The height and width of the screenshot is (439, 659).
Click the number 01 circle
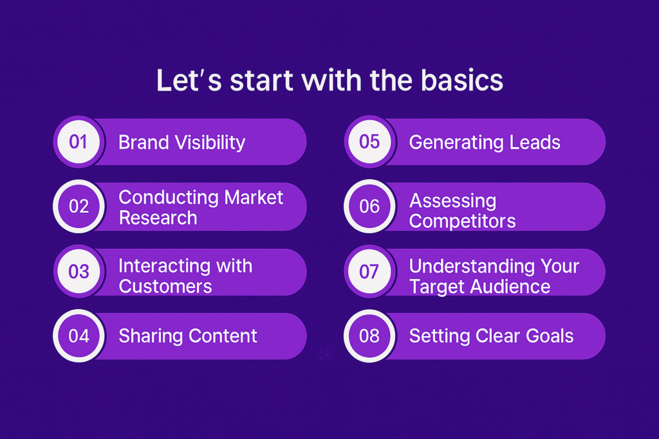point(79,142)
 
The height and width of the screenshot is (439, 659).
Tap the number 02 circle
point(79,206)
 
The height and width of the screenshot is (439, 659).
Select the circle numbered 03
point(79,271)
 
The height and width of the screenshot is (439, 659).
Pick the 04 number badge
point(79,336)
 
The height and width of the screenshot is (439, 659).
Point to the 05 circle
point(369,142)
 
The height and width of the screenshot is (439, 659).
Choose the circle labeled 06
point(369,206)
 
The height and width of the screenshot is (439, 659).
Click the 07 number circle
point(369,271)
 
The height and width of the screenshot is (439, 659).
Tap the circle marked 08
point(369,336)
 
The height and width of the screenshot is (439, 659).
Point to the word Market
point(254,197)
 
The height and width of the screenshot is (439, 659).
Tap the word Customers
point(165,287)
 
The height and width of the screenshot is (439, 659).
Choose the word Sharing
point(151,336)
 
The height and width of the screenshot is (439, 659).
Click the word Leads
point(535,143)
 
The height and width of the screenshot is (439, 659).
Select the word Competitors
point(462,221)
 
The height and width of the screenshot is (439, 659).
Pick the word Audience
point(510,287)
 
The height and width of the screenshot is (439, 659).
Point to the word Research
point(158,218)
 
